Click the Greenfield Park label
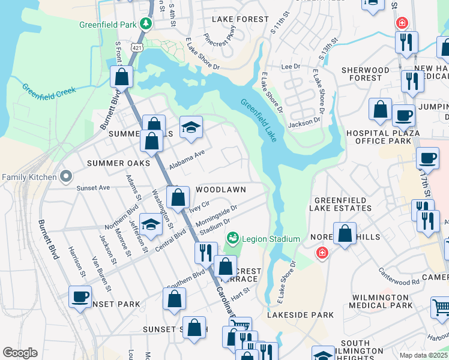107,25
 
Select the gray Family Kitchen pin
66,176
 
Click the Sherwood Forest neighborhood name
366,74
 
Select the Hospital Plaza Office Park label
379,137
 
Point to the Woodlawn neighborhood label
221,189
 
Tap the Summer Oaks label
118,163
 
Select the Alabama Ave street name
187,160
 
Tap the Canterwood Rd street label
399,277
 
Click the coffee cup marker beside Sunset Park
80,296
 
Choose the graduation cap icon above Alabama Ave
191,127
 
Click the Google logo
20,353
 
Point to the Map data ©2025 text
423,355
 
